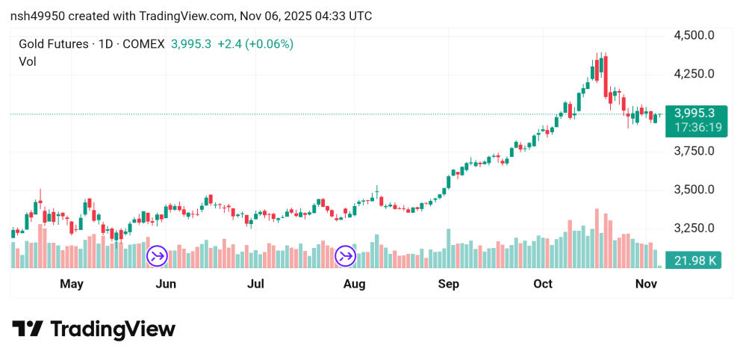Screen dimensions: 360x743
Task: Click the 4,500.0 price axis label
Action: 694,35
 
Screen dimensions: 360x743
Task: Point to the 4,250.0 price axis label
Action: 694,74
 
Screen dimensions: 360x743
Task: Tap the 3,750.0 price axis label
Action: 694,151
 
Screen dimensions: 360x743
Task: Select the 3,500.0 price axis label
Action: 694,190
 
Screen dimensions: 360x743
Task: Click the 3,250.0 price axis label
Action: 694,229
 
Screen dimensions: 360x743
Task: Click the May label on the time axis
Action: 72,284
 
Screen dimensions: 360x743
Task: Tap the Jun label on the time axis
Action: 166,284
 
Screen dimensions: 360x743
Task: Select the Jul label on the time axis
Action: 256,284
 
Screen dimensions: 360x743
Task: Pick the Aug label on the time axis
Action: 354,284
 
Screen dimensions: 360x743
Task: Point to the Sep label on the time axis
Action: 448,284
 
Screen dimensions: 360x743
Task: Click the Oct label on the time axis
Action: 543,284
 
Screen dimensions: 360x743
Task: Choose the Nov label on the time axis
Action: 646,284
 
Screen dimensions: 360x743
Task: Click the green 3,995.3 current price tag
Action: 694,114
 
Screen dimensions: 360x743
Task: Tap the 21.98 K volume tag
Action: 694,261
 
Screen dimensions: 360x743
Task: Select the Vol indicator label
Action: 28,61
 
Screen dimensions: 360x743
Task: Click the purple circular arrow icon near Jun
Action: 157,257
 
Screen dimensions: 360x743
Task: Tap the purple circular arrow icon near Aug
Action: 345,257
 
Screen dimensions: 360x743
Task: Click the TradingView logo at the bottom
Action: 94,329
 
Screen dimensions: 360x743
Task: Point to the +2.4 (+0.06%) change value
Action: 255,44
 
